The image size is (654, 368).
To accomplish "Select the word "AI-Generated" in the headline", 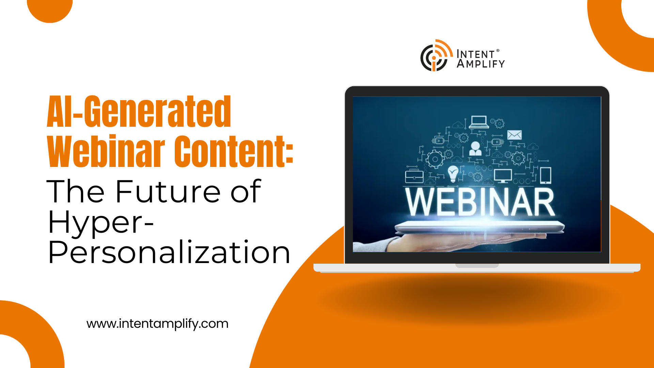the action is point(139,111).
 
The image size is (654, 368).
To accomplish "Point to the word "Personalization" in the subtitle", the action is point(169,252).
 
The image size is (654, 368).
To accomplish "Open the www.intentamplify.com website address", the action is point(157,324).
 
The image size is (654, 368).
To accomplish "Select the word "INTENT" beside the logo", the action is point(476,54).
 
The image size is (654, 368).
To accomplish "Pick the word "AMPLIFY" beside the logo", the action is point(481,64).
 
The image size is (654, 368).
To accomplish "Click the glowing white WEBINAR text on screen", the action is point(480,202).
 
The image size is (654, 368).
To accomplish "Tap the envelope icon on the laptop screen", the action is point(514,135).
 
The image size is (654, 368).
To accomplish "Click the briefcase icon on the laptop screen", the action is point(414,176).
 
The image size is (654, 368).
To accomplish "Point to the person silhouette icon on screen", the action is point(475,149).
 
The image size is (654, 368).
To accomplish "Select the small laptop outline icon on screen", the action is point(479,122).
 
